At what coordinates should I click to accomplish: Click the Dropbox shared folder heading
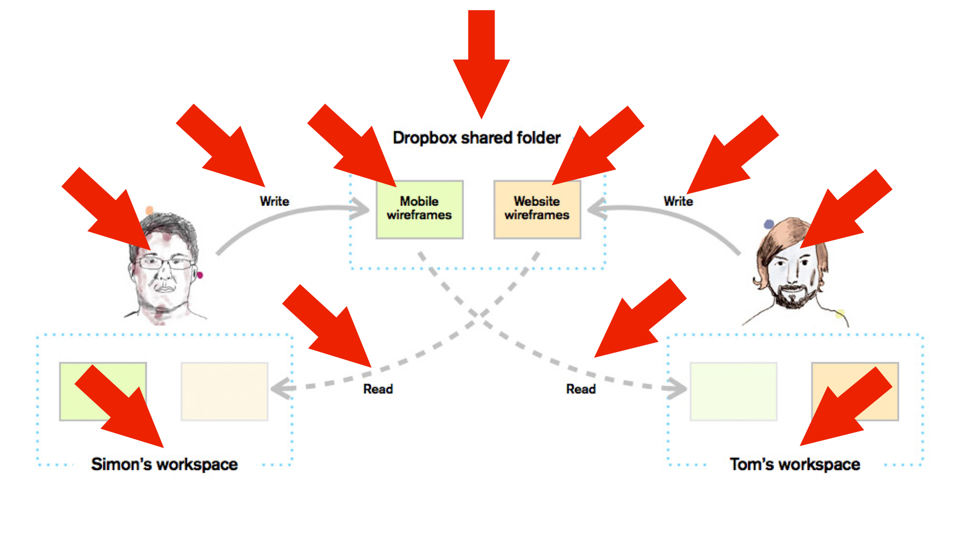pos(476,138)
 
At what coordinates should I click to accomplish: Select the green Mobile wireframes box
pos(420,209)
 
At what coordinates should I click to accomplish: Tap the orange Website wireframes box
pos(537,209)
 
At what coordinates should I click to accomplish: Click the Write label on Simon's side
pos(274,201)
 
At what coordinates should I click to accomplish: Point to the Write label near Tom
pos(678,201)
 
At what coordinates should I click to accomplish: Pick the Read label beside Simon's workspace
pos(378,389)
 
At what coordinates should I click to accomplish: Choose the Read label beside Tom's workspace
pos(581,389)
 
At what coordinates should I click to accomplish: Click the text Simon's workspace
pos(165,464)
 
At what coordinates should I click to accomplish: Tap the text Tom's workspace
pos(795,464)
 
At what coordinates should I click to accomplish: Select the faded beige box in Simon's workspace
pos(224,391)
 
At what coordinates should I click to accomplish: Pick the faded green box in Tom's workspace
pos(733,391)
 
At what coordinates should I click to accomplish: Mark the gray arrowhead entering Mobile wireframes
pos(360,208)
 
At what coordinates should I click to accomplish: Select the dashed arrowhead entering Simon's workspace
pos(282,388)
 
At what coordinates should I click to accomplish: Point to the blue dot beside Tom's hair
pos(769,224)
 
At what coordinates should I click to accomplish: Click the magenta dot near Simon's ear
pos(200,275)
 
